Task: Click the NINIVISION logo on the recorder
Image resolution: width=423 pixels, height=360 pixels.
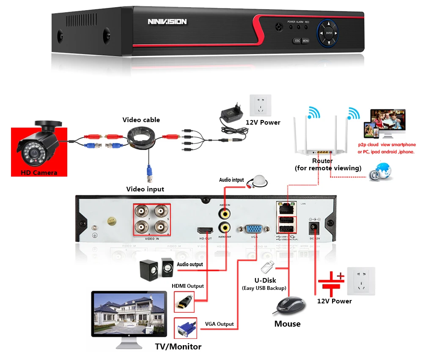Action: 167,22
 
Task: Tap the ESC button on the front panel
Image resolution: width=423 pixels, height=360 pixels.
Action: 297,41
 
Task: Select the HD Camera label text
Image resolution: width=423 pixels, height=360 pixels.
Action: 39,172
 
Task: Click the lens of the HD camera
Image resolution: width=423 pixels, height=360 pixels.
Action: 27,149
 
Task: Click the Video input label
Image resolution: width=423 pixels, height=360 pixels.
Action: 145,189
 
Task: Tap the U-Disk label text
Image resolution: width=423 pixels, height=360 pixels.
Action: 265,281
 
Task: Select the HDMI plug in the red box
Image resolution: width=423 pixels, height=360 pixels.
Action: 184,302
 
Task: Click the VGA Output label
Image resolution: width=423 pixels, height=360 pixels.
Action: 219,324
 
